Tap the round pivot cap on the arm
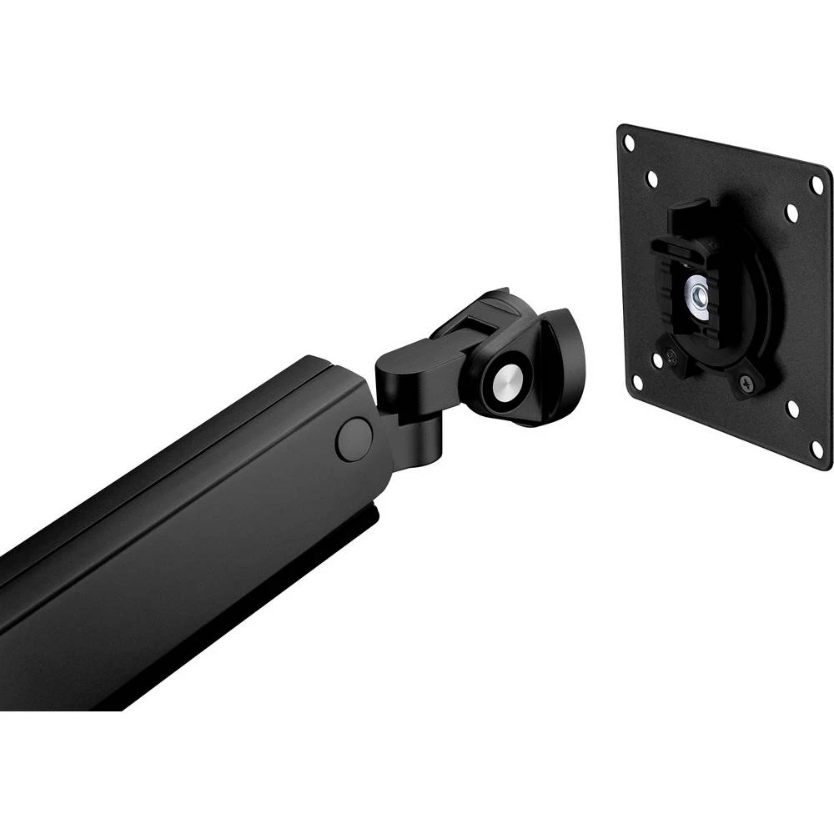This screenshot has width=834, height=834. [354, 438]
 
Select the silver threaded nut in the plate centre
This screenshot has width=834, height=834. [696, 294]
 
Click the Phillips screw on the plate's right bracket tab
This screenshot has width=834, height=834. [744, 381]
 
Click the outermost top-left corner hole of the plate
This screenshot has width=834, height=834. [630, 142]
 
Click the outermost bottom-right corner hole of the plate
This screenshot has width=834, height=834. [817, 450]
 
